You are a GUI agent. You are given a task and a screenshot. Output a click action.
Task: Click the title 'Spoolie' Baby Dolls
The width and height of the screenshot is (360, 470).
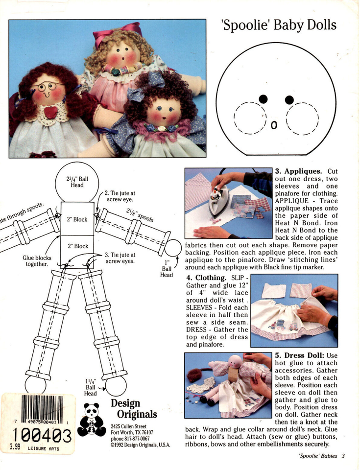coord(280,25)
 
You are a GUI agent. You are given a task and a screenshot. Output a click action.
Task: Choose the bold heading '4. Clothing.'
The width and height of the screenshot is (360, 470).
coord(205,278)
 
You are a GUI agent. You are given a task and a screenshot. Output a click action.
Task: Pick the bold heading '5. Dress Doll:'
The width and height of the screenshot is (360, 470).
coord(298,356)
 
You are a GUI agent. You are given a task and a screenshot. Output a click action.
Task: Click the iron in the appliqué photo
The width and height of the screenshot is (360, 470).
coord(218,201)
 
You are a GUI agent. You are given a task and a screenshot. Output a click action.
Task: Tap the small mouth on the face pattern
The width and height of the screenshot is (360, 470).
coord(274,126)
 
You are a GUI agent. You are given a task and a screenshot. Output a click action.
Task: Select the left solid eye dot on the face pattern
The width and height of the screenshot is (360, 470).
coord(263,99)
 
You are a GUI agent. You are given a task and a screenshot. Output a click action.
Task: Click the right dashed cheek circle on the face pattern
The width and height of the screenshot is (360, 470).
coord(302,118)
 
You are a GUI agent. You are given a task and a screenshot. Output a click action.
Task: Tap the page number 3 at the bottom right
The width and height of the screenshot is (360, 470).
coord(343,456)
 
